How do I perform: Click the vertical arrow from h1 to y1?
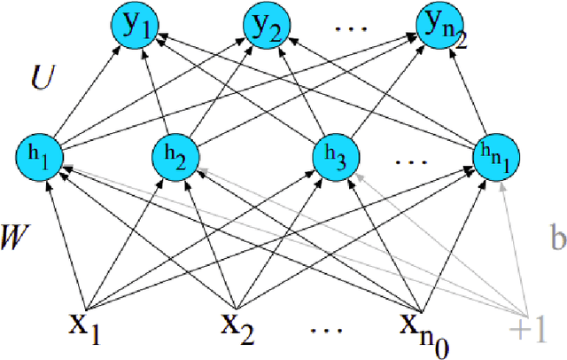pos(85,93)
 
